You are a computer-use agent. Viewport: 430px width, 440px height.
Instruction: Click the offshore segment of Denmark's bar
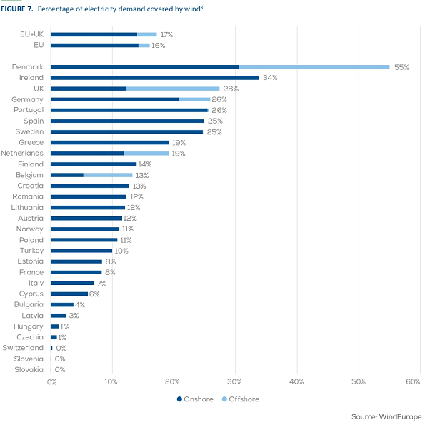pyautogui.click(x=314, y=66)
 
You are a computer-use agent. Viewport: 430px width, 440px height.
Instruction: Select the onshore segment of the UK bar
pyautogui.click(x=89, y=89)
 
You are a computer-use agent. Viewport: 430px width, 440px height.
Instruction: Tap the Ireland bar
pyautogui.click(x=155, y=77)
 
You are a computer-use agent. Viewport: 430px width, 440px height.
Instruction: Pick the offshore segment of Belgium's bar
pyautogui.click(x=108, y=175)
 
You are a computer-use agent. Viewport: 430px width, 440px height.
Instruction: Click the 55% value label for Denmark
pyautogui.click(x=401, y=67)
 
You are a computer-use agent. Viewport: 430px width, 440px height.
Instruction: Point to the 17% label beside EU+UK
pyautogui.click(x=166, y=34)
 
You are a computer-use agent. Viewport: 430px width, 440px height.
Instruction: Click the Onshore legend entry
pyautogui.click(x=195, y=399)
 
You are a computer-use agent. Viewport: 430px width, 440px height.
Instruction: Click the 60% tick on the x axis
pyautogui.click(x=412, y=382)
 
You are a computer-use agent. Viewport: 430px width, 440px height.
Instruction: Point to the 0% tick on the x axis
pyautogui.click(x=51, y=382)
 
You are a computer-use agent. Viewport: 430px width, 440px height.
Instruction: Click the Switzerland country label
pyautogui.click(x=23, y=348)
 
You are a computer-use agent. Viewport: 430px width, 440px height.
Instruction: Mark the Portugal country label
pyautogui.click(x=29, y=110)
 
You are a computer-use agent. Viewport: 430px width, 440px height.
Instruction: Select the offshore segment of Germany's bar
pyautogui.click(x=194, y=99)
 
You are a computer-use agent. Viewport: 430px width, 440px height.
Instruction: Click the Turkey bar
pyautogui.click(x=81, y=251)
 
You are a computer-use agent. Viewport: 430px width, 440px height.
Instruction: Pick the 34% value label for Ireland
pyautogui.click(x=270, y=78)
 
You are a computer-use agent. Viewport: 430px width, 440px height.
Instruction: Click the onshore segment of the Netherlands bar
pyautogui.click(x=88, y=153)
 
